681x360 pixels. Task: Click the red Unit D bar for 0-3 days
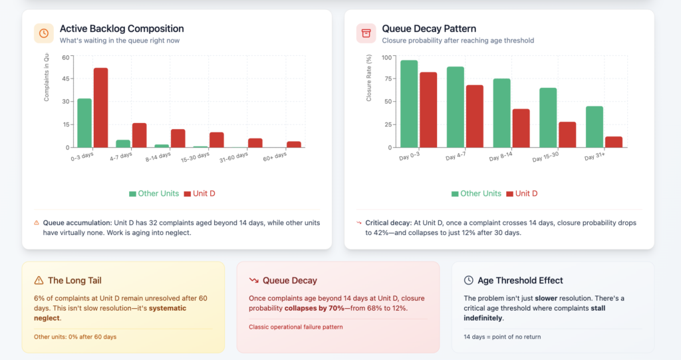[100, 107]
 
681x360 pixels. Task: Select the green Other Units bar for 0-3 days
[84, 122]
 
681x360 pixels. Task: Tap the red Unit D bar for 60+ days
[294, 144]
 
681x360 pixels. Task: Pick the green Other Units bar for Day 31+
[595, 126]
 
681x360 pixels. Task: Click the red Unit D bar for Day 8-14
[521, 128]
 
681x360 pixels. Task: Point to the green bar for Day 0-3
[409, 104]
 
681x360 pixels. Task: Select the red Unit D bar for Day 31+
[613, 142]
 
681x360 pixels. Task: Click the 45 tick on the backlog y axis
[65, 79]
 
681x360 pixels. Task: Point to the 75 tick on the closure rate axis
[388, 79]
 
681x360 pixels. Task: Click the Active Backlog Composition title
[122, 29]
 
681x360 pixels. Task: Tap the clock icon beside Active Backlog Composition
[44, 33]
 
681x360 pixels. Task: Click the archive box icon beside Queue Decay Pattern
[366, 33]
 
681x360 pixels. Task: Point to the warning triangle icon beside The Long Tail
[39, 281]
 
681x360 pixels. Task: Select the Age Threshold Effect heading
[520, 281]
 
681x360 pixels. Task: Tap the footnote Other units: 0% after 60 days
[75, 337]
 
